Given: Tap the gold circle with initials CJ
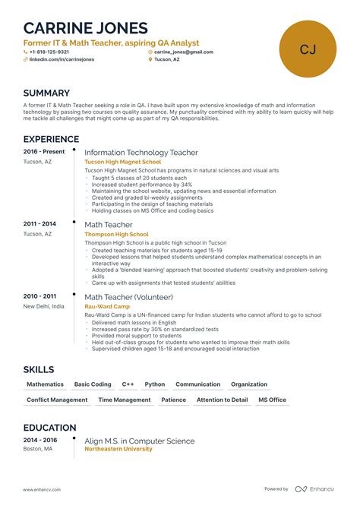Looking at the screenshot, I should pyautogui.click(x=308, y=49).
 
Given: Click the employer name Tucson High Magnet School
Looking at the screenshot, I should pyautogui.click(x=122, y=161).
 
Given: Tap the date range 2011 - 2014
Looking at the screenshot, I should pyautogui.click(x=39, y=224).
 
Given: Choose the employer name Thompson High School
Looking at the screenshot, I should pyautogui.click(x=116, y=234).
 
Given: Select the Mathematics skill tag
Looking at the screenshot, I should pyautogui.click(x=45, y=384).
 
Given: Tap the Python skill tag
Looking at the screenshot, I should pyautogui.click(x=155, y=384).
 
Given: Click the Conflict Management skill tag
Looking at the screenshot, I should pyautogui.click(x=57, y=400).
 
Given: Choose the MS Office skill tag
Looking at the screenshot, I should pyautogui.click(x=272, y=400).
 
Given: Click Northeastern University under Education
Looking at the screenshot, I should pyautogui.click(x=118, y=448).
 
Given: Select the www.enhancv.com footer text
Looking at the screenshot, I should pyautogui.click(x=42, y=489).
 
